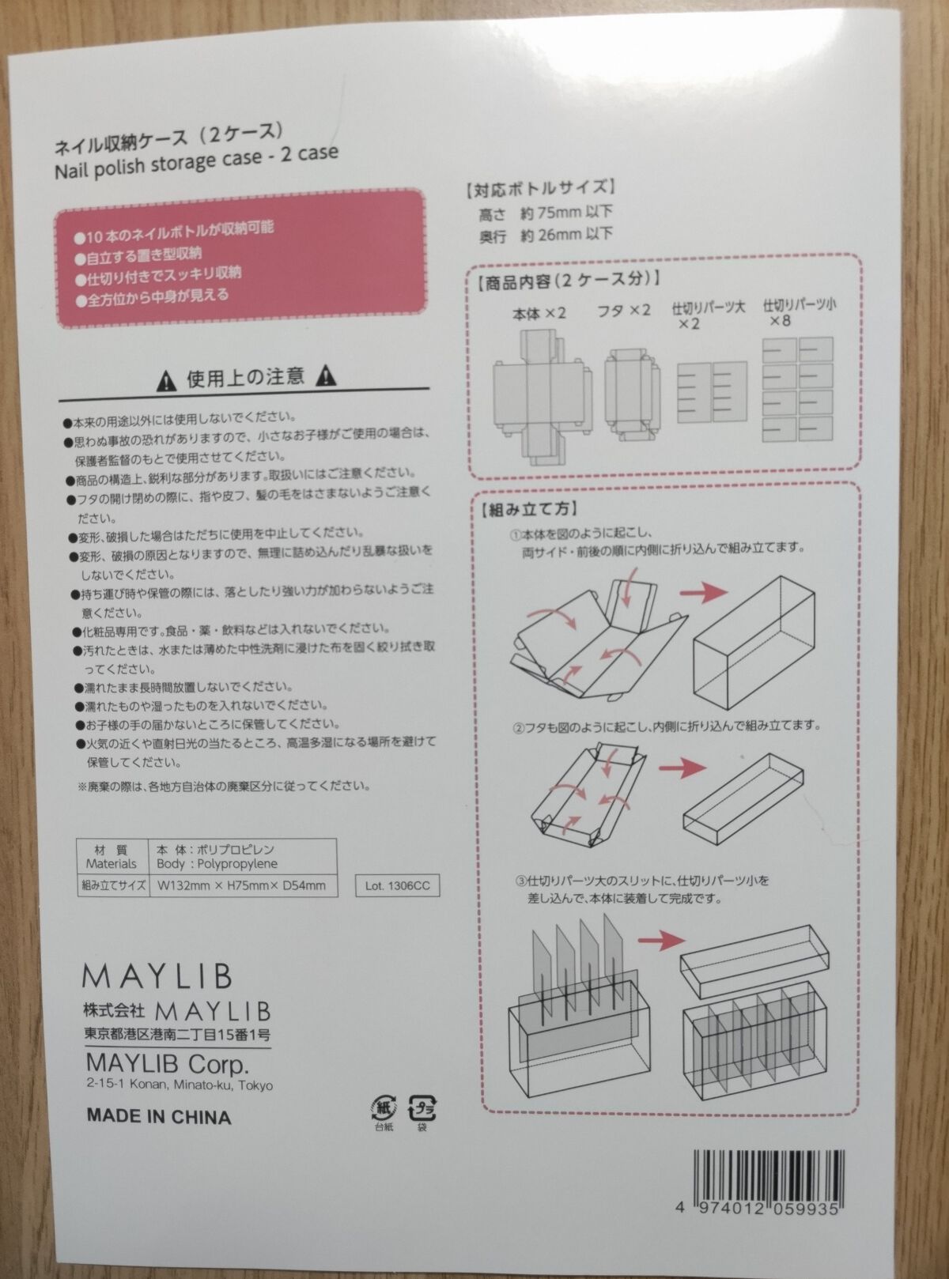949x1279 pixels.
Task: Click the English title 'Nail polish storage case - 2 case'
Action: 195,160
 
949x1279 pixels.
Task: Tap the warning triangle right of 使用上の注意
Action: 325,376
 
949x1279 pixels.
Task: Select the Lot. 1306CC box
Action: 398,885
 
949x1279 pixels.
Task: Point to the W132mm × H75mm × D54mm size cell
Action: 241,885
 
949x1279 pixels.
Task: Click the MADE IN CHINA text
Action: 159,1116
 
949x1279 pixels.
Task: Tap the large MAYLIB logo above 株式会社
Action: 158,976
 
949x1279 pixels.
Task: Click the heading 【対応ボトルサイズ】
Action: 539,189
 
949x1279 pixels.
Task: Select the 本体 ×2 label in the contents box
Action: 539,314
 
